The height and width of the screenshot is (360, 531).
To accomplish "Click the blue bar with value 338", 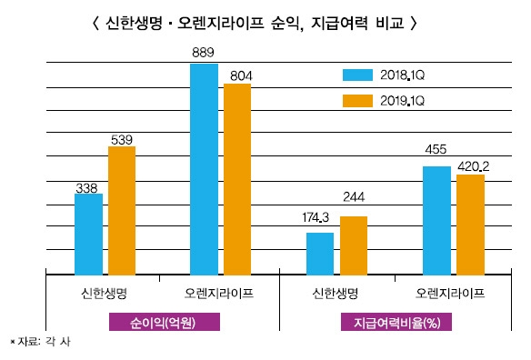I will [x=88, y=234].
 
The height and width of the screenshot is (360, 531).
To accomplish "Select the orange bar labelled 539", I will [x=122, y=210].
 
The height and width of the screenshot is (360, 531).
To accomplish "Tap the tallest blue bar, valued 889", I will [x=204, y=169].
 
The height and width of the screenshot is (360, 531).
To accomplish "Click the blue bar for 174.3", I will [x=320, y=253].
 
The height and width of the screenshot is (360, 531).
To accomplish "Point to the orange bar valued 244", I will [x=353, y=245].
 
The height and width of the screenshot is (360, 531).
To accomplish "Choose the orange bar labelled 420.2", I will [x=470, y=224].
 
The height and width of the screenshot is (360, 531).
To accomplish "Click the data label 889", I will [x=204, y=54].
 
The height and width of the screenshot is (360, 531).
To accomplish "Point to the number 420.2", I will [x=474, y=165].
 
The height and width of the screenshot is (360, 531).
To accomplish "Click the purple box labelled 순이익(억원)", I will [x=163, y=323].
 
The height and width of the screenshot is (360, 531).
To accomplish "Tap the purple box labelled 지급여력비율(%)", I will [x=396, y=323].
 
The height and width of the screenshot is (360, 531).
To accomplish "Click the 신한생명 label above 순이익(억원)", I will [x=103, y=294].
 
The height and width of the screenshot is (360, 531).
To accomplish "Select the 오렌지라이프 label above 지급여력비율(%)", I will [x=450, y=294].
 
